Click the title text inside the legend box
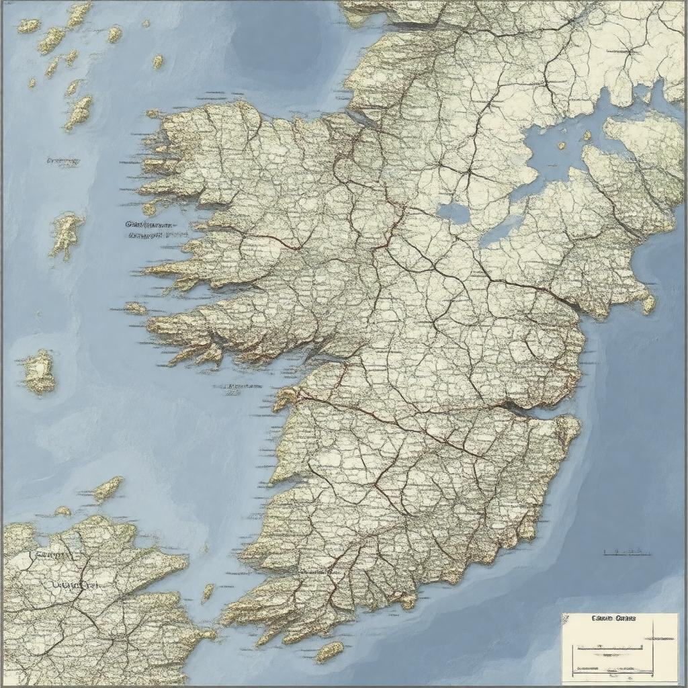coord(614,618)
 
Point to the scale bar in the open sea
coord(627,552)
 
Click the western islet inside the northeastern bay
coord(562,146)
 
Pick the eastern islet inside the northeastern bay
coord(586,136)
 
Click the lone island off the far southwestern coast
coord(40,372)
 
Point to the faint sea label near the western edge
coord(64,161)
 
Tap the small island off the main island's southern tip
coord(329,651)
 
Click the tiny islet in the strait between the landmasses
coord(208,592)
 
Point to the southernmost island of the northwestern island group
coord(79,112)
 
